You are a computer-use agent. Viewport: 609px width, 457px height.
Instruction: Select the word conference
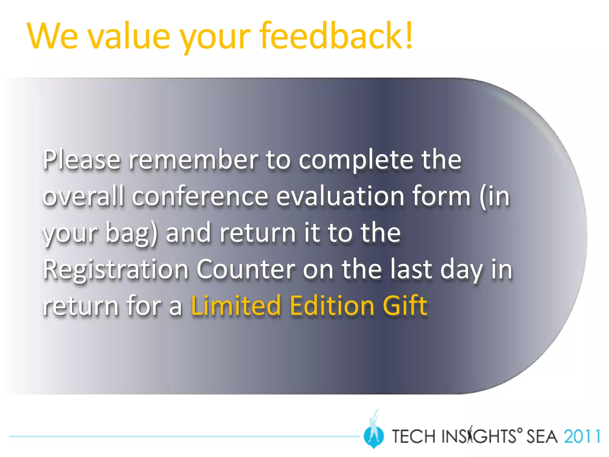[x=200, y=196]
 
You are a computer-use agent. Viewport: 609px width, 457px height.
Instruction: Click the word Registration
[x=116, y=270]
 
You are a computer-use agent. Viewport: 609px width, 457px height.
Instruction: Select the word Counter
[x=246, y=270]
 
